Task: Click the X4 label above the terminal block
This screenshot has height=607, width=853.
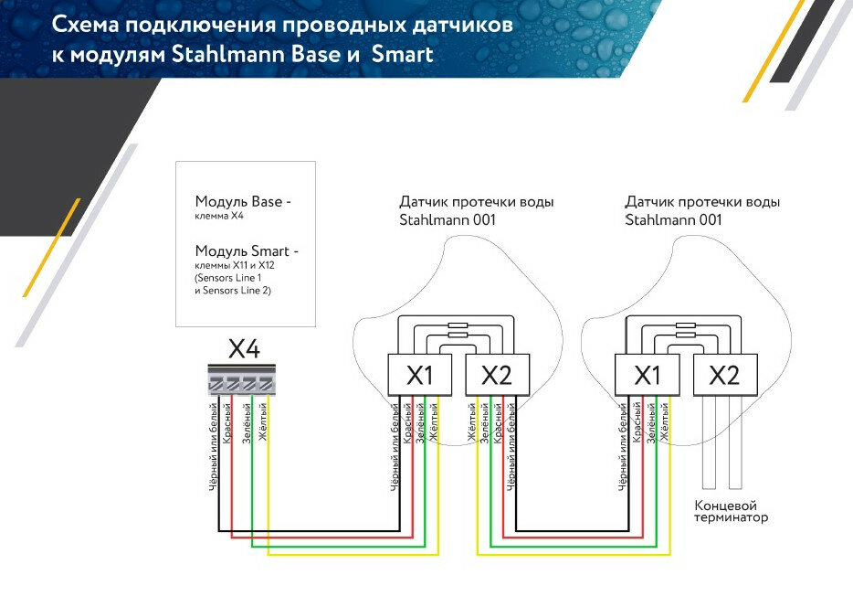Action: tap(244, 350)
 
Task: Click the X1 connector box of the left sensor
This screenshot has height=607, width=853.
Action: tap(419, 375)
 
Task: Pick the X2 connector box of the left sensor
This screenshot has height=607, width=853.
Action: tap(497, 375)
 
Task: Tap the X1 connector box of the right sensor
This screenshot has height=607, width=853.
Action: tap(647, 375)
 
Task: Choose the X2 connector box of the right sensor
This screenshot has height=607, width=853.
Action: tap(724, 375)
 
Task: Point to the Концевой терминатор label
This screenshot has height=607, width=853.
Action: tap(731, 511)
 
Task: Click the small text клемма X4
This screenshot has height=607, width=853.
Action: tap(219, 217)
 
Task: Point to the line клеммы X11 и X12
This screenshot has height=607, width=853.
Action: tap(234, 266)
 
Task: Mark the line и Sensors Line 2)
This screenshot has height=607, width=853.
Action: tap(233, 290)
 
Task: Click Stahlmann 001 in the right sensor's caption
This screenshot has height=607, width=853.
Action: tap(673, 220)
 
